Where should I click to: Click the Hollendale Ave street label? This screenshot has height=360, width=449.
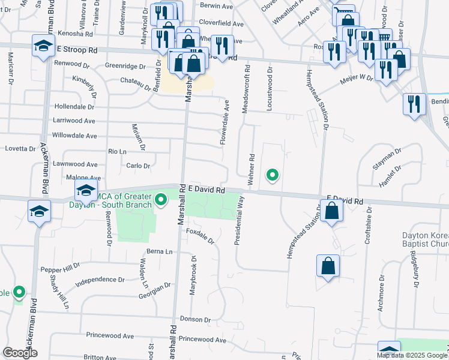click(74, 106)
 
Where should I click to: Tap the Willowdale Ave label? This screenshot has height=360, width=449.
click(74, 136)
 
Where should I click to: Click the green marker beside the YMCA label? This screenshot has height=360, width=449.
click(160, 200)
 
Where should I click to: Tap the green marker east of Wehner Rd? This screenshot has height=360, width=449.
click(273, 175)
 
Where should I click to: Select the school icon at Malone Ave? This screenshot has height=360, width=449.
click(86, 190)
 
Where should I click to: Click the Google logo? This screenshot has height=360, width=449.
click(20, 353)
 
